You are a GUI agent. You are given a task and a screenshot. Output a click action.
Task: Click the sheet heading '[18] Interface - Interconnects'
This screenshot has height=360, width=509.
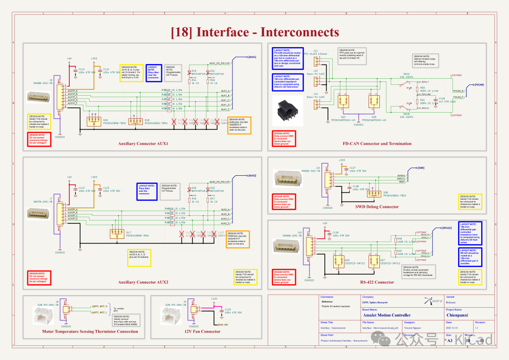[254, 32]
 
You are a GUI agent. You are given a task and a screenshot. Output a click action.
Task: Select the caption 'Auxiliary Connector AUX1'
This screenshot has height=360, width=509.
[143, 143]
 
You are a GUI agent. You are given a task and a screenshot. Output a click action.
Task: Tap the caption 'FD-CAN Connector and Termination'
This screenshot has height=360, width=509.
[376, 143]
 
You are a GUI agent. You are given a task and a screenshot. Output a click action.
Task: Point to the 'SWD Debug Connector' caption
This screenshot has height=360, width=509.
[377, 206]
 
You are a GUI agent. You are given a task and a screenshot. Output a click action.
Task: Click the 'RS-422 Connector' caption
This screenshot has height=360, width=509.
[378, 282]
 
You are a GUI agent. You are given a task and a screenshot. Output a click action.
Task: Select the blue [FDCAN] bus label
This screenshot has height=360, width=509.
[479, 85]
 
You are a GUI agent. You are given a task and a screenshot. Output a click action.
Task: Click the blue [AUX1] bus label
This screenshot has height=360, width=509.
[252, 57]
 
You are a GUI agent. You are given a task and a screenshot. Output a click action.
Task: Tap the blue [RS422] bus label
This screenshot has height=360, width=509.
[447, 228]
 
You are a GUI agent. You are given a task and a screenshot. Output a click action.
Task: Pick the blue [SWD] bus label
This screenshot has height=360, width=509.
[421, 167]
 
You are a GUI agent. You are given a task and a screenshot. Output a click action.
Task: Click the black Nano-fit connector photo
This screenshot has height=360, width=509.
[288, 115]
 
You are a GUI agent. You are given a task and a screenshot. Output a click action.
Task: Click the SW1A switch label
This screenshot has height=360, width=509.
[406, 74]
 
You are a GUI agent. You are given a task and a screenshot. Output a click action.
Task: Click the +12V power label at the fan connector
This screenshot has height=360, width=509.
[214, 299]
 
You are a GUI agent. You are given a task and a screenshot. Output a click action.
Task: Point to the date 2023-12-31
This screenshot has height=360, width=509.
[453, 327]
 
